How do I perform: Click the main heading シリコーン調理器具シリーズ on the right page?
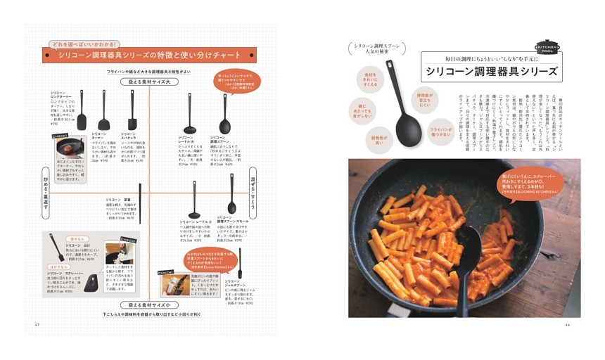491,72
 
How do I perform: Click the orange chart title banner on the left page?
149,55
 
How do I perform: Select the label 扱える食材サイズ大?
149,82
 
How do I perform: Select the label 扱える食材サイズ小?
149,305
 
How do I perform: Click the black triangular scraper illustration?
91,283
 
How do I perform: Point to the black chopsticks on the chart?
139,200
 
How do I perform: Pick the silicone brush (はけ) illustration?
56,247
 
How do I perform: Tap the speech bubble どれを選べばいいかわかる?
84,44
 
